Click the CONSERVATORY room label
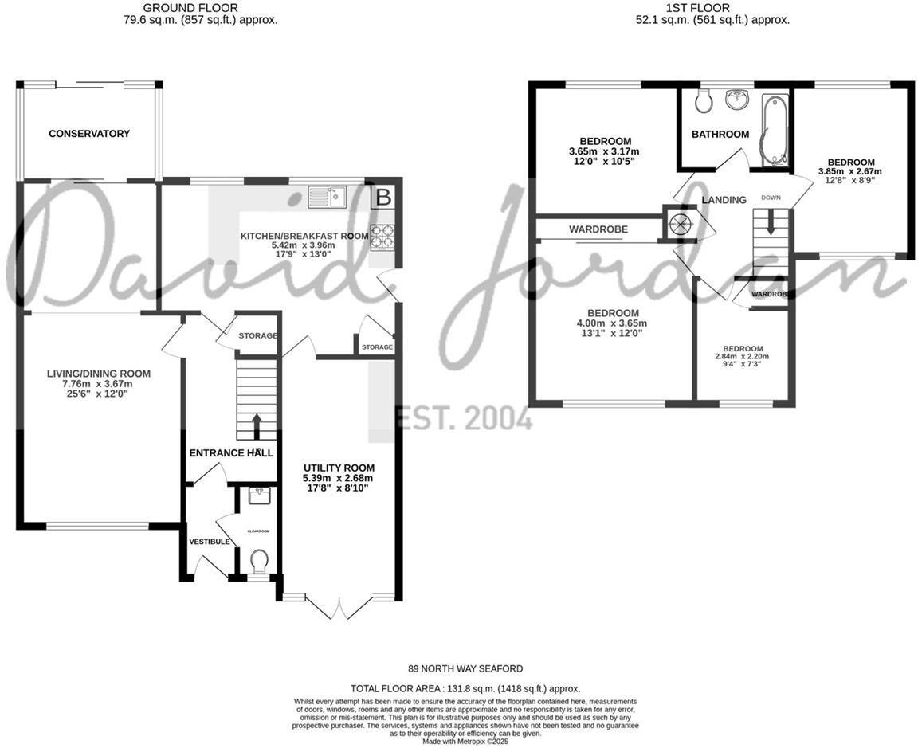point(89,134)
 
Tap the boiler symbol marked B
point(383,197)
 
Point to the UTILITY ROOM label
point(339,468)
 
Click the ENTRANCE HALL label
point(231,453)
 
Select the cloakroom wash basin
point(259,497)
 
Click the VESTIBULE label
point(210,542)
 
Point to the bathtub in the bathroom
point(773,131)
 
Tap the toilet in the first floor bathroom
point(703,101)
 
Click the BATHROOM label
point(720,135)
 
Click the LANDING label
point(724,200)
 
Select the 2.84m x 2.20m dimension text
point(742,357)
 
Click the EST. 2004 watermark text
point(464,417)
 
